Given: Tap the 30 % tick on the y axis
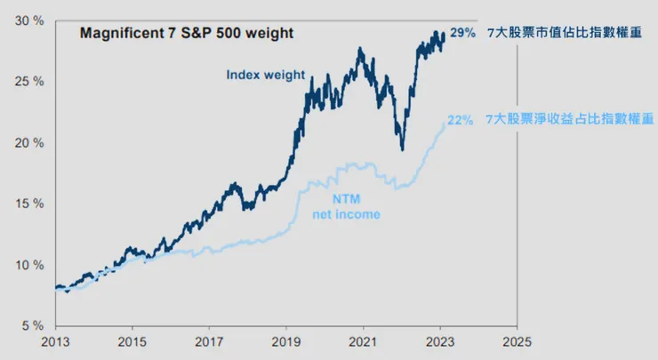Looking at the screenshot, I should (31, 20).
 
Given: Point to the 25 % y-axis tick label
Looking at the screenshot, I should (31, 82).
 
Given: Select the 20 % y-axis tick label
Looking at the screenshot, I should (31, 143).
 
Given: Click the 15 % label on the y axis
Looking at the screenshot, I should (31, 204).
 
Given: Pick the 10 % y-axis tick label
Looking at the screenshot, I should (31, 265).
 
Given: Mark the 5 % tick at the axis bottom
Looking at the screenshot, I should (34, 325).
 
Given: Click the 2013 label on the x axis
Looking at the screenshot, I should (55, 341).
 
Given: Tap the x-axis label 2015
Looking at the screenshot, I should (132, 341).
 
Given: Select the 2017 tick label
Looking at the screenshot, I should (209, 341).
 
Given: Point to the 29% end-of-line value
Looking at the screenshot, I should (461, 32).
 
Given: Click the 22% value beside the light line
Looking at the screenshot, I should (460, 121).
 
